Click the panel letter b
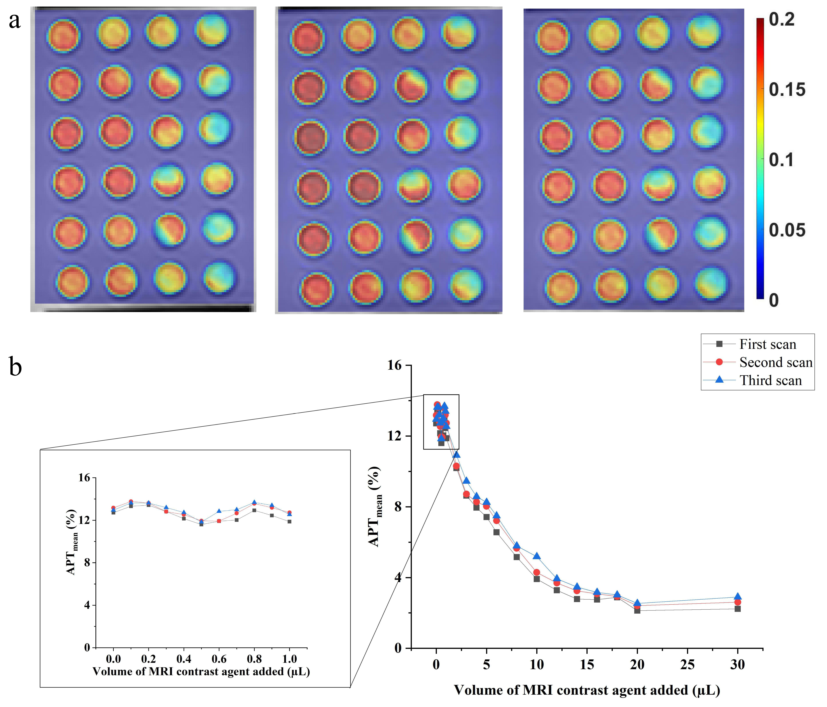point(15,367)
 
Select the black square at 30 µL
point(738,609)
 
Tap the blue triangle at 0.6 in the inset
point(219,511)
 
